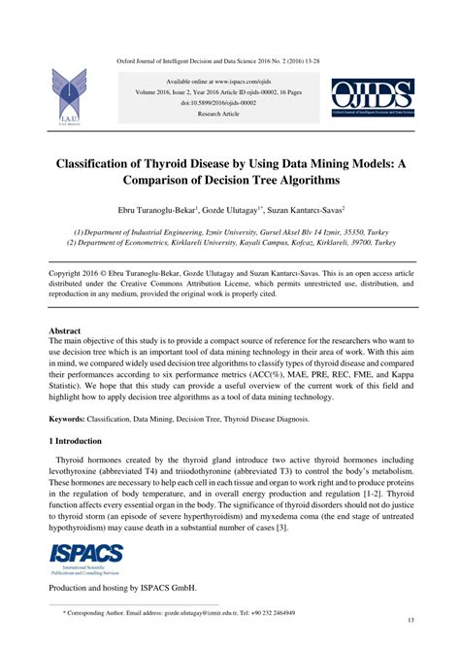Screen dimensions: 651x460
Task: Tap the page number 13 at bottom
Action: [411, 620]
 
